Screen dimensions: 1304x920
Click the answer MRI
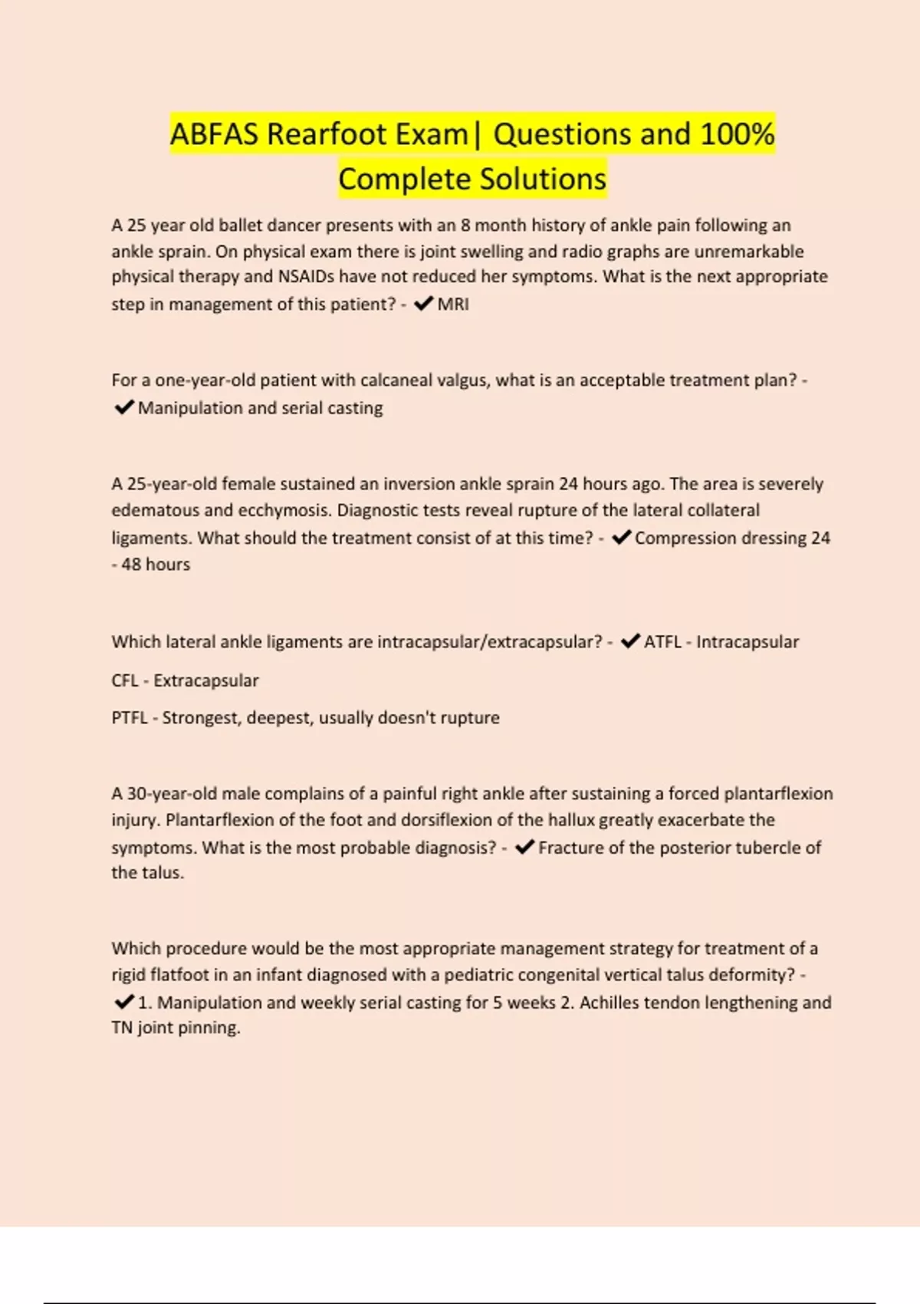pyautogui.click(x=453, y=305)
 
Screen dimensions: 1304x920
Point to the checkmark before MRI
pyautogui.click(x=422, y=305)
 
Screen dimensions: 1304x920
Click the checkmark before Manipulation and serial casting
pyautogui.click(x=123, y=407)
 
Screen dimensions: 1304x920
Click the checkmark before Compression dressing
pyautogui.click(x=621, y=538)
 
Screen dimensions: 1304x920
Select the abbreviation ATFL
pyautogui.click(x=662, y=642)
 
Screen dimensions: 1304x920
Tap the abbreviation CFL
pyautogui.click(x=125, y=680)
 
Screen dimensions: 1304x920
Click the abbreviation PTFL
pyautogui.click(x=129, y=718)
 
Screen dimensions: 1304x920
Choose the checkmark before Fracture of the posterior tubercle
pyautogui.click(x=524, y=848)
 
